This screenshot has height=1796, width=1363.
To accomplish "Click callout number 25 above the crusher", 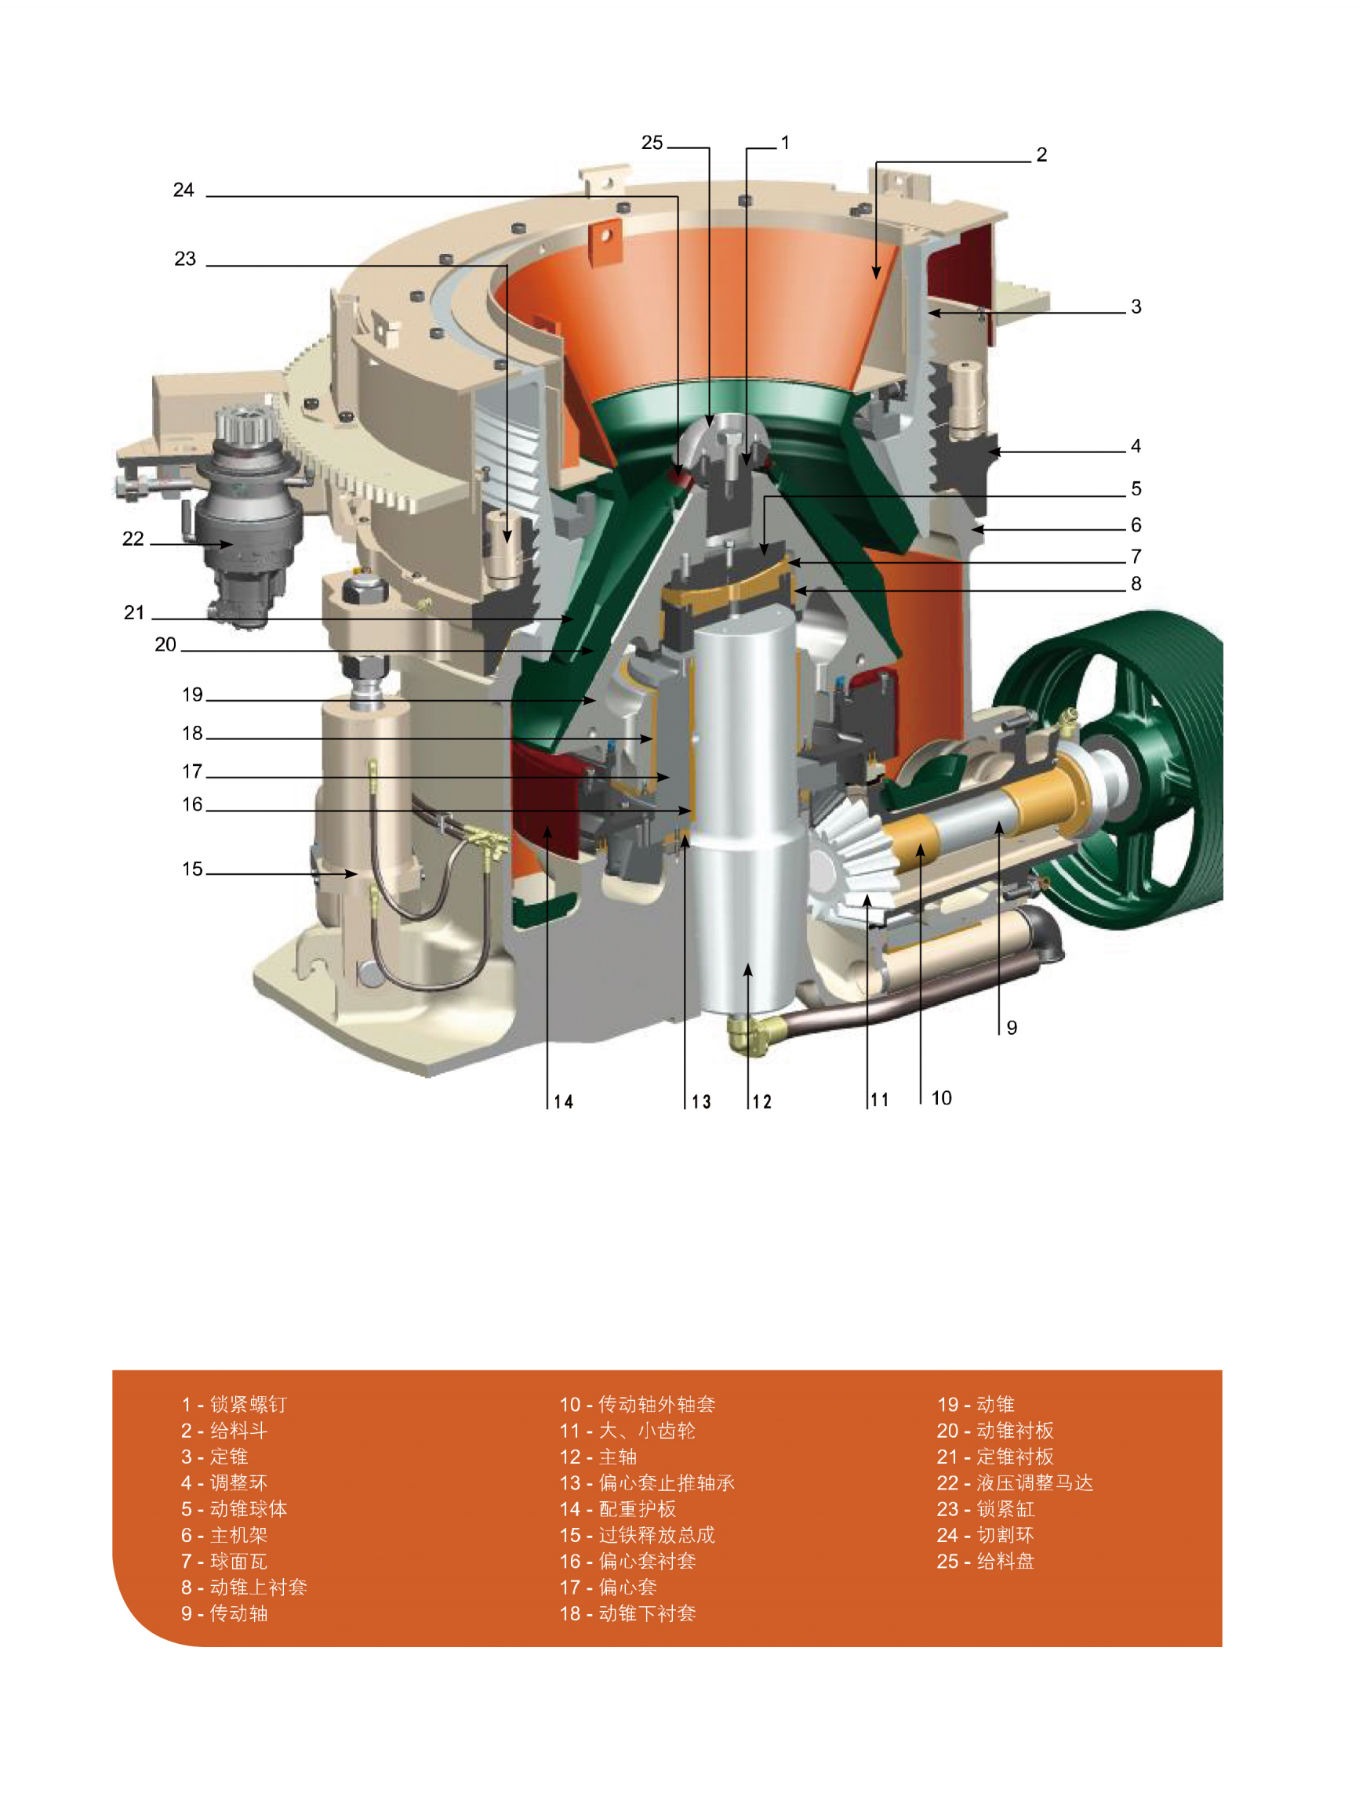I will (652, 143).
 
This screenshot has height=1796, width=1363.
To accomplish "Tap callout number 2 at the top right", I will (1041, 155).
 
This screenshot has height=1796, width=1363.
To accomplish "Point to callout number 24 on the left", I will (184, 190).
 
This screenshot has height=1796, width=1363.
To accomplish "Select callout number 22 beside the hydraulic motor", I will (133, 539).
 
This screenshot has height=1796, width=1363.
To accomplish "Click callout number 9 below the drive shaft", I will (1012, 1028).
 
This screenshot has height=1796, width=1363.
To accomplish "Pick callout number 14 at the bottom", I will (563, 1101).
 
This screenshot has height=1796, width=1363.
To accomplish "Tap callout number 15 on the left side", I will (191, 869).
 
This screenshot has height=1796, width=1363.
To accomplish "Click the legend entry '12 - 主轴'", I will (598, 1457).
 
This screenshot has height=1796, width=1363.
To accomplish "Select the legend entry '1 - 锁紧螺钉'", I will (234, 1405).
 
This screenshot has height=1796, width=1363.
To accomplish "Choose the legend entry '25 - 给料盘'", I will (984, 1562).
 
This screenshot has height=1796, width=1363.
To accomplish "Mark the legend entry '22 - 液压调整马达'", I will (1015, 1482).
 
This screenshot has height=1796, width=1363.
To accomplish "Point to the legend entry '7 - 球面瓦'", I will (224, 1562).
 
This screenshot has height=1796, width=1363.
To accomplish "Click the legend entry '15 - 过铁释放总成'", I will (637, 1536).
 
